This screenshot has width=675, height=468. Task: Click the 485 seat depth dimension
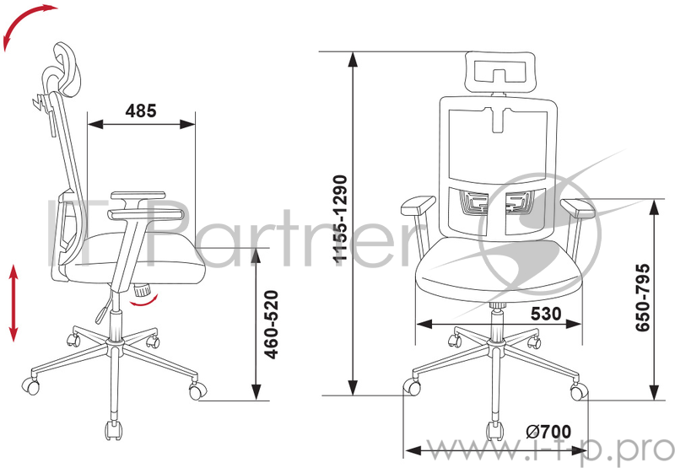click(x=141, y=111)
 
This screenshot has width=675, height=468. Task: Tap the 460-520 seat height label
click(x=272, y=325)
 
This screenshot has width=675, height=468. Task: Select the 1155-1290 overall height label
click(x=340, y=218)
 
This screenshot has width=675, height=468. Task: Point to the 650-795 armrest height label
click(x=642, y=298)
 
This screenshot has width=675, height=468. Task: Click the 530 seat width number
click(x=546, y=314)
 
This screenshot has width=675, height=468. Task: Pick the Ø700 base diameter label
click(x=548, y=432)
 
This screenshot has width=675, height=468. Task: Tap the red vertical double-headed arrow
click(x=13, y=303)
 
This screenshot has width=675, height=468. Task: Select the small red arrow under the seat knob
click(x=145, y=301)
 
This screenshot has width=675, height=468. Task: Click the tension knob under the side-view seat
click(x=142, y=290)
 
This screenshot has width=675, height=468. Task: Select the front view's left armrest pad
click(x=418, y=205)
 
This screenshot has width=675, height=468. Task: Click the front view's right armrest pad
click(x=578, y=207)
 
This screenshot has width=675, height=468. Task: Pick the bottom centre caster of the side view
click(x=113, y=429)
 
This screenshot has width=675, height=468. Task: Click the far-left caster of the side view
click(x=31, y=385)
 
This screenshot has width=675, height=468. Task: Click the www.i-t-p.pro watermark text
click(x=550, y=450)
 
